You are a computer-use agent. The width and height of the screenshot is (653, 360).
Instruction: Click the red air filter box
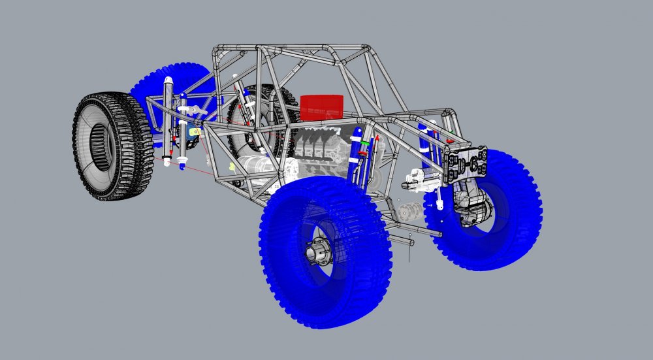click(322, 108)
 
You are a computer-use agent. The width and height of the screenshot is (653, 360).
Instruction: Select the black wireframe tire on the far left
click(112, 146)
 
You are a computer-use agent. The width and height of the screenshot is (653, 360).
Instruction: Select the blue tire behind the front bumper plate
click(496, 209)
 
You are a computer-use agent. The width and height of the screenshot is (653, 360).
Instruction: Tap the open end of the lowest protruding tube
click(411, 244)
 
